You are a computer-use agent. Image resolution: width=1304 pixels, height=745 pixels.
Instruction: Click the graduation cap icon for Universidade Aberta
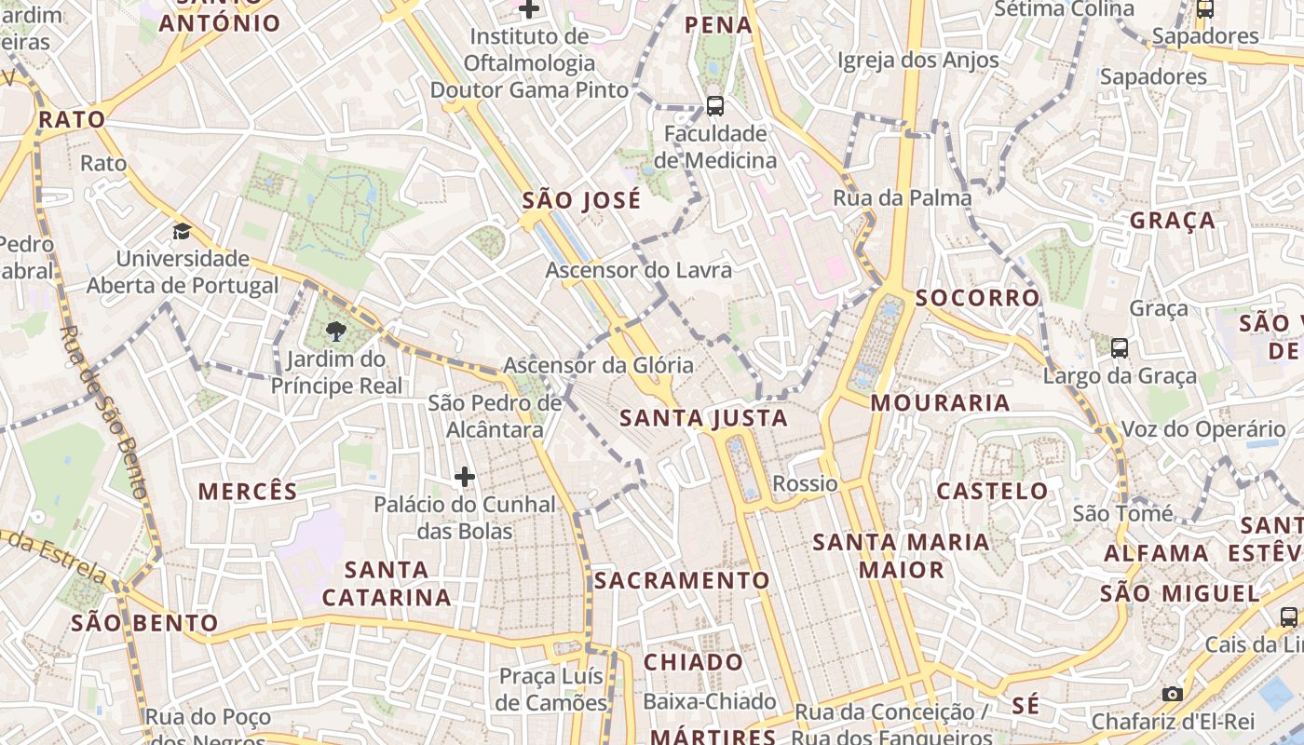coord(182,231)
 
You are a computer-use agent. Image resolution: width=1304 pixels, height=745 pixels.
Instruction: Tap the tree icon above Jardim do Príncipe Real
coord(335,331)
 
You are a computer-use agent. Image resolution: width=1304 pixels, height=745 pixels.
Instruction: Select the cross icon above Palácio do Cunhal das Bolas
coord(464,477)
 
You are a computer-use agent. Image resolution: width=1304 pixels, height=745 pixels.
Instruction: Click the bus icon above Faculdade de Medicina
coord(714,106)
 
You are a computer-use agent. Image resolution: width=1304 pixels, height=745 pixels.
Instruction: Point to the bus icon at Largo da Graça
coord(1119,348)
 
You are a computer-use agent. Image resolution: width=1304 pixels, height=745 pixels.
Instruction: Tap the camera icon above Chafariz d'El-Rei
coord(1172,694)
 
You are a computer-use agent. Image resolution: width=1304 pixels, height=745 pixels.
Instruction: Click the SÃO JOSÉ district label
coord(581,200)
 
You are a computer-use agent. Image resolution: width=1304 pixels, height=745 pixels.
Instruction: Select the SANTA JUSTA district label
coord(704,418)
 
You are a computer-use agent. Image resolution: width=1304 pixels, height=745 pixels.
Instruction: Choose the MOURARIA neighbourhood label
coord(941,402)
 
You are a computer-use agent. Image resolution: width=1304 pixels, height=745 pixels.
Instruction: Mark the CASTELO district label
coord(992,491)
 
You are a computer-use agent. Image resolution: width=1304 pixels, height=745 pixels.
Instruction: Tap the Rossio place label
coord(805,483)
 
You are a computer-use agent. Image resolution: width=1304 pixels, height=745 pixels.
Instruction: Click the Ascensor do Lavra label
coord(638,270)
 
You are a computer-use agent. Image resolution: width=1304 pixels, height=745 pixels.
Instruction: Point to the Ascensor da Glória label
coord(598,365)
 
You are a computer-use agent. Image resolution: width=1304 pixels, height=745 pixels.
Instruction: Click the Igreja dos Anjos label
coord(917,61)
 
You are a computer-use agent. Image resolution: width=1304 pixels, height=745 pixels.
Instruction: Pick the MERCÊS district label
coord(248,492)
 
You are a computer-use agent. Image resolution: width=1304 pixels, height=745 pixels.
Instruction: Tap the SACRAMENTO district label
coord(682,580)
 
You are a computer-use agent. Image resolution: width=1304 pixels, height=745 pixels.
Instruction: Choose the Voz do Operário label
coord(1202,429)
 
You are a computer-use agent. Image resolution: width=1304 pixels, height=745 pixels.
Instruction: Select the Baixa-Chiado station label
coord(710,701)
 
